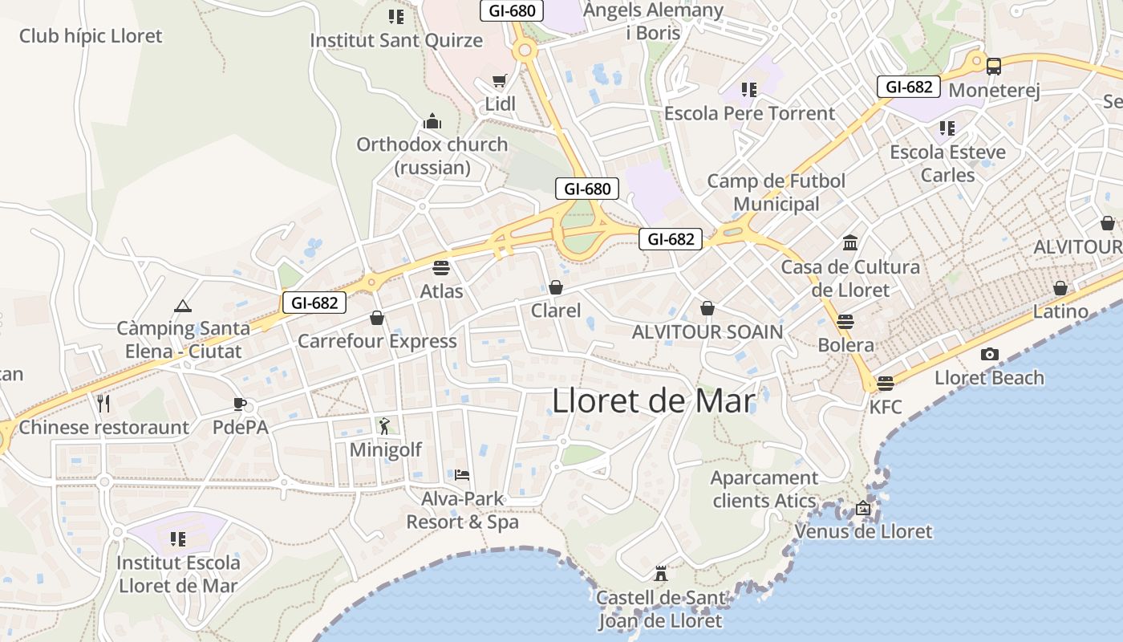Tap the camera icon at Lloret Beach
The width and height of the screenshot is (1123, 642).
click(x=990, y=354)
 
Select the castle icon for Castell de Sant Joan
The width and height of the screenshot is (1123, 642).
click(x=661, y=574)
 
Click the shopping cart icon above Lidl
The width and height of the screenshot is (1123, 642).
click(x=500, y=81)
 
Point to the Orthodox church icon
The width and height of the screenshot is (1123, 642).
click(x=432, y=121)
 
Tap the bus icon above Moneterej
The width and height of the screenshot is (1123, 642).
click(x=994, y=66)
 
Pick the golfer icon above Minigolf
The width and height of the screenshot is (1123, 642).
click(x=384, y=425)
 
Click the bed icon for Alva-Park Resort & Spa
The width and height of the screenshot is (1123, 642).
click(x=462, y=475)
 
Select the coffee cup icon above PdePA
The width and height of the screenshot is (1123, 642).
click(x=239, y=403)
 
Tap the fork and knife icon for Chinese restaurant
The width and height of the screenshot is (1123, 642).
click(x=103, y=403)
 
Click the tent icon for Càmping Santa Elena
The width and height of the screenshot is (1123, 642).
click(x=183, y=306)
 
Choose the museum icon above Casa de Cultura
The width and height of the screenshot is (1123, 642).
click(x=850, y=242)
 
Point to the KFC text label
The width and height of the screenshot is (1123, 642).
click(x=886, y=407)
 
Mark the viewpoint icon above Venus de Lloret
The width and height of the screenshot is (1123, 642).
click(x=863, y=508)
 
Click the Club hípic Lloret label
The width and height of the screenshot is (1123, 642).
click(x=91, y=36)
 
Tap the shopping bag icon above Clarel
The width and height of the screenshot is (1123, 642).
click(x=556, y=286)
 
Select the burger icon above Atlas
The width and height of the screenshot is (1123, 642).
click(x=441, y=266)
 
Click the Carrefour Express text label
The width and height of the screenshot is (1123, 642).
click(x=377, y=341)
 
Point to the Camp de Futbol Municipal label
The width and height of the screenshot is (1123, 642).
click(x=776, y=193)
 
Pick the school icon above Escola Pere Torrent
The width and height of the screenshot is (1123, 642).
click(x=749, y=89)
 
